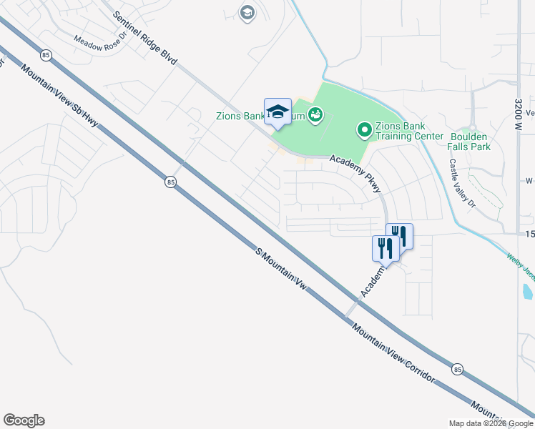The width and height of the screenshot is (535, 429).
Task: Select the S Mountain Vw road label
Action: (281, 270)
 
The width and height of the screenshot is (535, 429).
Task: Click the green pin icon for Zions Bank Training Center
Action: (364, 129)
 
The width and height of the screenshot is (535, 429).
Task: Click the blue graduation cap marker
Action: (278, 112)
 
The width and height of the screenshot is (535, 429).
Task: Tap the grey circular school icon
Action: (247, 13)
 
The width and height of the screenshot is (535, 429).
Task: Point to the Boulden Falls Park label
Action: (469, 141)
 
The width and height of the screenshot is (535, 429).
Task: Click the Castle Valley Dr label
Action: (462, 183)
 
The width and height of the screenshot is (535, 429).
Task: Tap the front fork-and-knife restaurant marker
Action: (385, 248)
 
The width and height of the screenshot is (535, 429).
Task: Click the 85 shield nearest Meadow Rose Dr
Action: (46, 54)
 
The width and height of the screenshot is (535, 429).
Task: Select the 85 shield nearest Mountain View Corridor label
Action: (457, 369)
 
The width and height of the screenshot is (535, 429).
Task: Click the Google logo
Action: (24, 420)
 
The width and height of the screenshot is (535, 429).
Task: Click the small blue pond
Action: (527, 291)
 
